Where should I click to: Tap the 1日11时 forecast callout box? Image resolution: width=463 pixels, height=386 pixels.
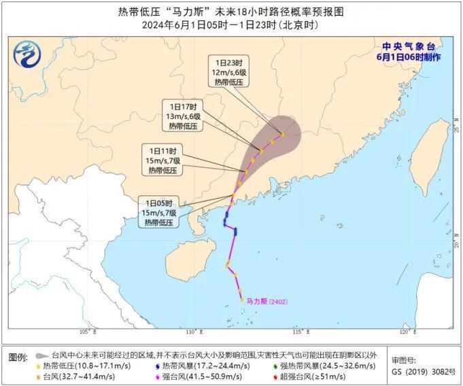pos(161,160)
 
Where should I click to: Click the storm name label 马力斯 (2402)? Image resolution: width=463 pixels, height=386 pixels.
pos(267,300)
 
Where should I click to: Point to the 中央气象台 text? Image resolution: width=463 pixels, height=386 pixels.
pos(408,46)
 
